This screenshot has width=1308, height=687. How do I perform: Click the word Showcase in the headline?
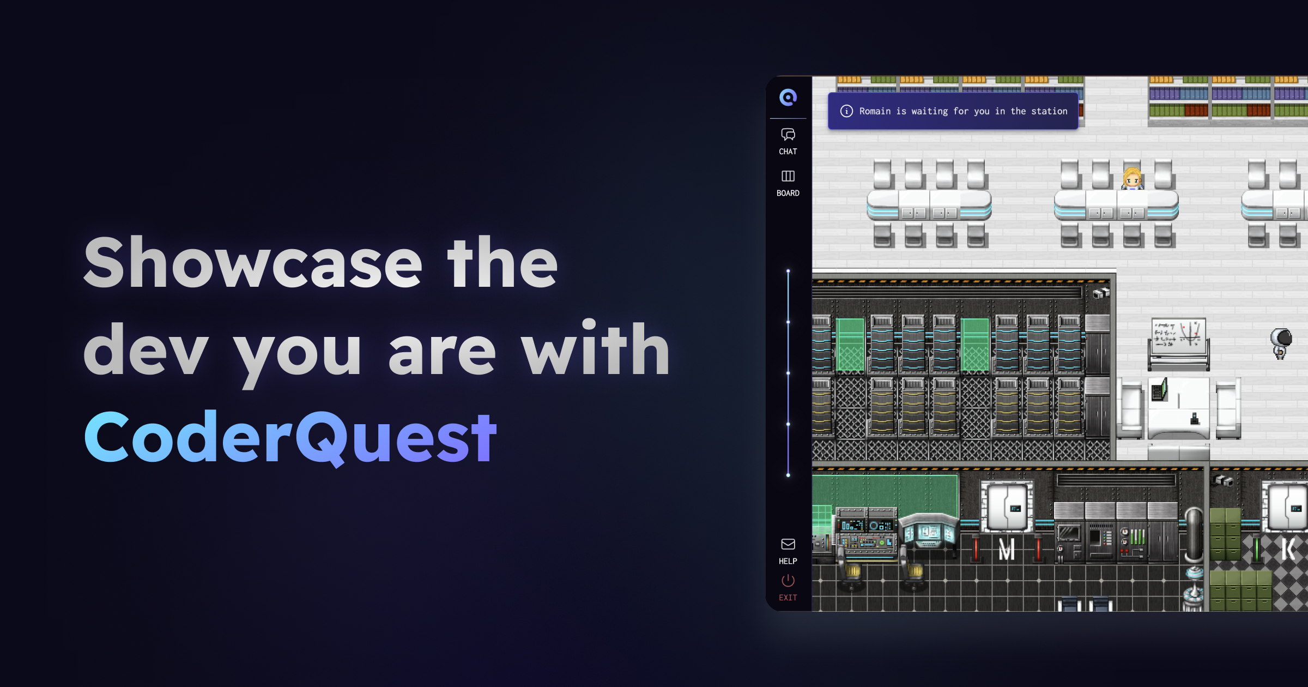pos(253,262)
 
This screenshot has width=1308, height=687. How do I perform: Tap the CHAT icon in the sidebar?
pos(788,134)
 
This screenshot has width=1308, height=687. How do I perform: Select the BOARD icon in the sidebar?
pos(788,176)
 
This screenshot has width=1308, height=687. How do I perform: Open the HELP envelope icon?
pos(788,544)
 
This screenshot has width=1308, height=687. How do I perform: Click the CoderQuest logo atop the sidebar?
pos(788,98)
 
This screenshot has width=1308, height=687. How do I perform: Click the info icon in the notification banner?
pos(846,111)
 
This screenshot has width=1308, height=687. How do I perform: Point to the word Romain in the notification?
pos(875,111)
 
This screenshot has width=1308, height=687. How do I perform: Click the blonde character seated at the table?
pos(1132,179)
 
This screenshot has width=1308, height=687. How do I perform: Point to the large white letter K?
pos(1289,549)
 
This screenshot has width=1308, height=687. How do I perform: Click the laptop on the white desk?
pos(1160,390)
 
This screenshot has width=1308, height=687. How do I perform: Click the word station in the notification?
pos(1049,111)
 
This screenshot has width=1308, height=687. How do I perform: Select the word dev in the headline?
pos(146,349)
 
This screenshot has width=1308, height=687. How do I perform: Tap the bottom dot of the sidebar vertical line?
pos(788,475)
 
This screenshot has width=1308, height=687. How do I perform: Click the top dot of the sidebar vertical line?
pos(788,271)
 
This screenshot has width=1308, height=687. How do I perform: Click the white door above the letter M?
pos(1007,508)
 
